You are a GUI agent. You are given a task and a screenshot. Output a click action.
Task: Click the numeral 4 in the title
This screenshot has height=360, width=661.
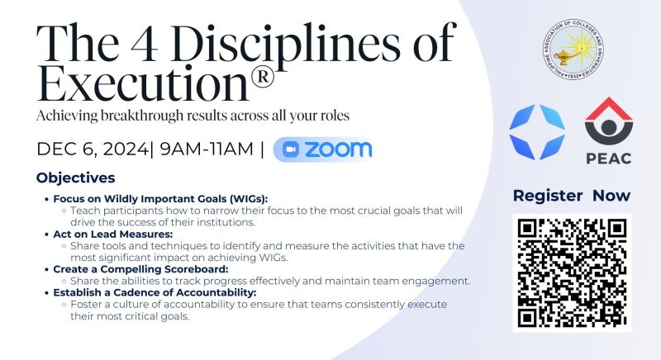pyautogui.click(x=144, y=44)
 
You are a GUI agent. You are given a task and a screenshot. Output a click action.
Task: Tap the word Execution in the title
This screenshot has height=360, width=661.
pyautogui.click(x=142, y=83)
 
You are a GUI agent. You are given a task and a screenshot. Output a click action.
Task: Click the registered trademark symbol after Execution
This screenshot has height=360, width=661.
pyautogui.click(x=262, y=77)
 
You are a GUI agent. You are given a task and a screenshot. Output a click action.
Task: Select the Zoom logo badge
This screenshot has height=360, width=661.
pyautogui.click(x=323, y=149)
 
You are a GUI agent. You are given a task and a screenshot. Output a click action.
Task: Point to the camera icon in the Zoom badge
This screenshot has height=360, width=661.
pyautogui.click(x=291, y=149)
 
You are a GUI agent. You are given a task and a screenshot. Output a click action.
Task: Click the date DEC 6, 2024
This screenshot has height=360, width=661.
pyautogui.click(x=93, y=149)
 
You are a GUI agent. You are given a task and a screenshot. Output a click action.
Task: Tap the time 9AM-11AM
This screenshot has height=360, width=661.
pyautogui.click(x=207, y=149)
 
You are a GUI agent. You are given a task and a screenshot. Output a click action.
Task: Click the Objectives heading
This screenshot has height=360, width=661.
pyautogui.click(x=75, y=178)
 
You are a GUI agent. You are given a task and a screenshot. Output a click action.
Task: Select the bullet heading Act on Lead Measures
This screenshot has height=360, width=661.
pyautogui.click(x=113, y=234)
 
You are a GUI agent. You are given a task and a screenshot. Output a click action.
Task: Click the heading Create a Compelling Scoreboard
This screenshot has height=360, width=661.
pyautogui.click(x=140, y=269)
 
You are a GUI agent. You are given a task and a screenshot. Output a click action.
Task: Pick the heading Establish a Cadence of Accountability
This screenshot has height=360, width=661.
pyautogui.click(x=155, y=292)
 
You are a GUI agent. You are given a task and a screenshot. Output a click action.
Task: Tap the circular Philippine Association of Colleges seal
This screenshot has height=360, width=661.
pyautogui.click(x=573, y=50)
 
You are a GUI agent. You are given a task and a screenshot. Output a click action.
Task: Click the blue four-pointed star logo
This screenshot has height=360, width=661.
pyautogui.click(x=537, y=132)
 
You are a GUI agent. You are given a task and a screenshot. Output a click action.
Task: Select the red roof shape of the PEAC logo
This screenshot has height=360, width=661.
pyautogui.click(x=609, y=109)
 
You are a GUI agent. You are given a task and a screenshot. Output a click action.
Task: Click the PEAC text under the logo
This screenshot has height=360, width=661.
pyautogui.click(x=609, y=159)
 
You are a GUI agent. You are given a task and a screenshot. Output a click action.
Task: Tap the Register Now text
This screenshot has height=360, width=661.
pyautogui.click(x=572, y=196)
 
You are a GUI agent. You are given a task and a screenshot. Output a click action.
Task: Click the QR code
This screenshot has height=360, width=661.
pyautogui.click(x=572, y=272)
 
